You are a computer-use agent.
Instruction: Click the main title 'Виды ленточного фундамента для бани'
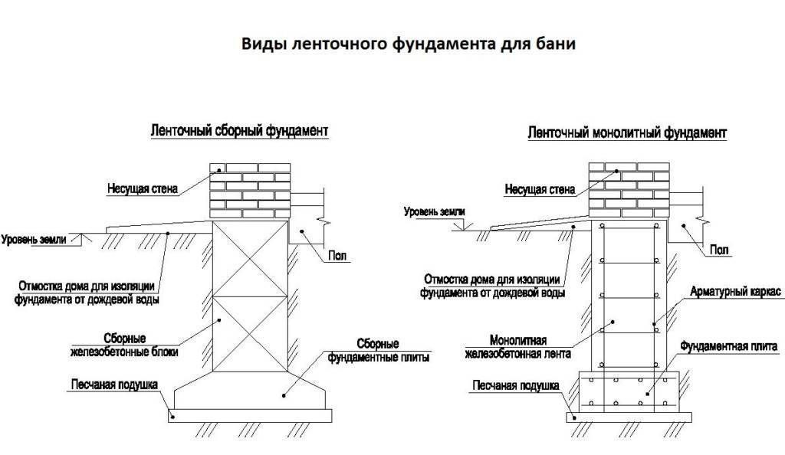409,44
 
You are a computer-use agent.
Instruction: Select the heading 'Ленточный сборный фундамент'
238,132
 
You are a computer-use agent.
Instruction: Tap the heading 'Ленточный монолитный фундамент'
627,133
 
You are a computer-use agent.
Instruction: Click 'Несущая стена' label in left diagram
142,186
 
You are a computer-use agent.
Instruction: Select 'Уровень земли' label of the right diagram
435,211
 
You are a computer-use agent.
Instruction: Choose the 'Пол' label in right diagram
718,250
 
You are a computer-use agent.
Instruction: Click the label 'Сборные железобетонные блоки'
136,345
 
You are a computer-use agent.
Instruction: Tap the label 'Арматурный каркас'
734,293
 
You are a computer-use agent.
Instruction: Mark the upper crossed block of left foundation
250,258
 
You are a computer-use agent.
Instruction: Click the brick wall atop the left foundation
250,190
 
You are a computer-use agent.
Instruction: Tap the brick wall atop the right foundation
627,190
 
